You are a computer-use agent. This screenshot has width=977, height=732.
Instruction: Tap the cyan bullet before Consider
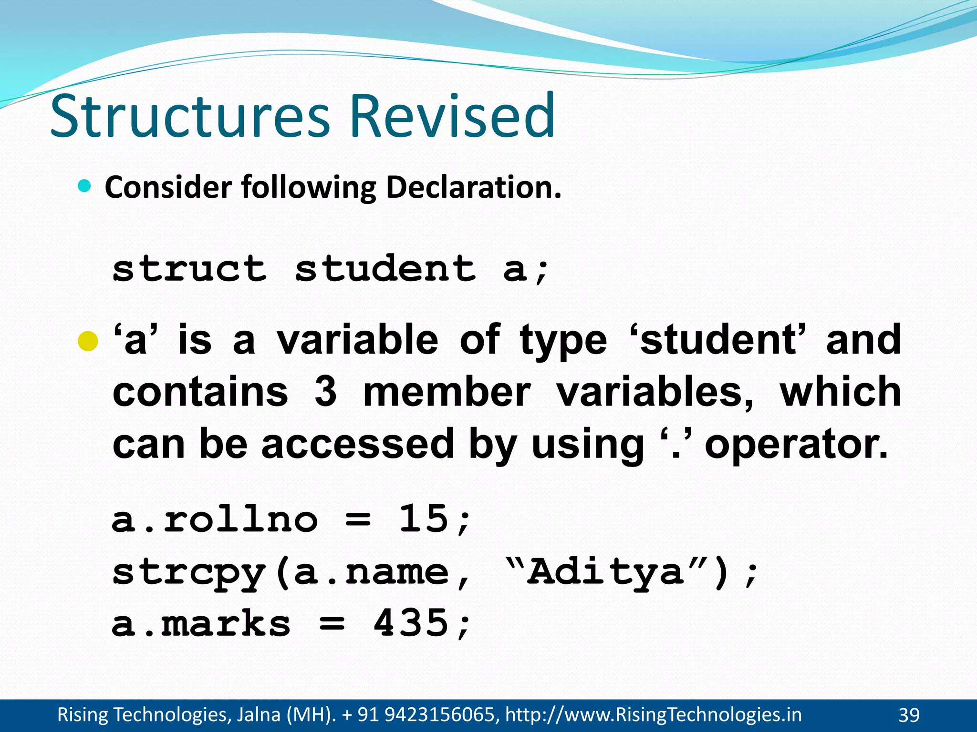coord(84,186)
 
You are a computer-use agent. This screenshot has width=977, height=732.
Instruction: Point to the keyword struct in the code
coord(189,269)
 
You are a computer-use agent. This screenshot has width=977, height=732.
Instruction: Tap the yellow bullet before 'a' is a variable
coord(88,341)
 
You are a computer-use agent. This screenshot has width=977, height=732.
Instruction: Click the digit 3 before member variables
coord(325,392)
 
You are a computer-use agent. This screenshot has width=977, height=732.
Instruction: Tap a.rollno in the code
coord(215,519)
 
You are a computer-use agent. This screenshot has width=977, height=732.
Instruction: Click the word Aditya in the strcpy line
coord(606,571)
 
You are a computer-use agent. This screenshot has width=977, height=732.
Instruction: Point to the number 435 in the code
coord(411,623)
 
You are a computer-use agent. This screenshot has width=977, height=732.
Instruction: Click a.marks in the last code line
coord(201,623)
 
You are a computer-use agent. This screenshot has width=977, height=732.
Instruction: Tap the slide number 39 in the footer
coord(909,715)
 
